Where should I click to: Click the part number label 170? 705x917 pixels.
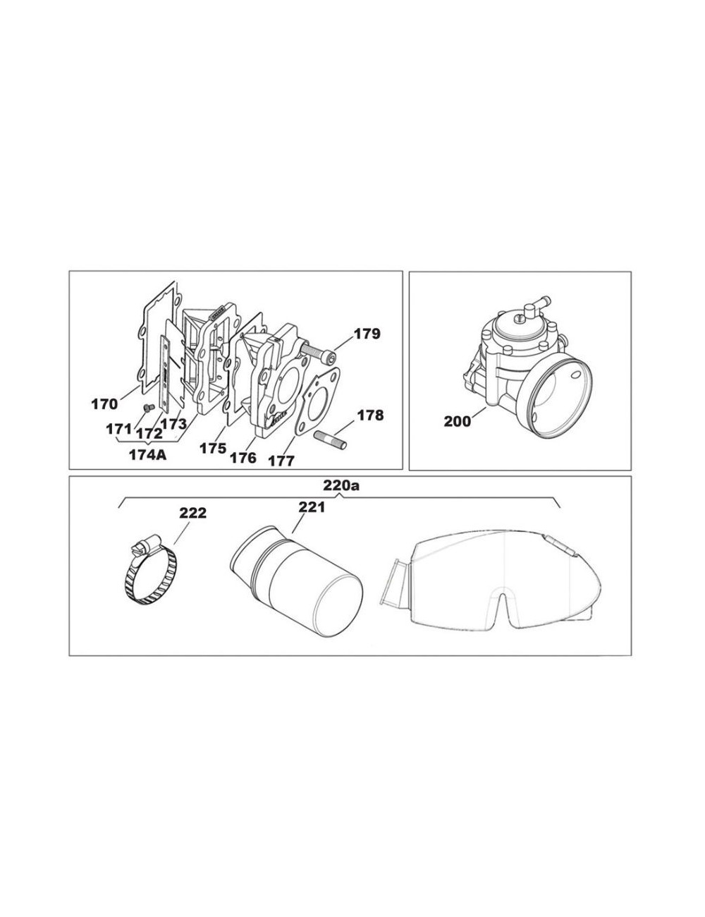[104, 404]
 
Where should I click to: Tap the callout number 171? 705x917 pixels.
[118, 429]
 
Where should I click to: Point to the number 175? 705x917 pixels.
[213, 448]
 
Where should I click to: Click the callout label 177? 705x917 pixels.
[282, 461]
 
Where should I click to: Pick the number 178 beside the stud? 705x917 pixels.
[371, 415]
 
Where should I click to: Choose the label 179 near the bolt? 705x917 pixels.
[367, 334]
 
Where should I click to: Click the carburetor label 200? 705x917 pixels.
[457, 421]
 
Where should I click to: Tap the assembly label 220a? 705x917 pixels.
[341, 486]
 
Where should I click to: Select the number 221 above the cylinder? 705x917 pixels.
[312, 507]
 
